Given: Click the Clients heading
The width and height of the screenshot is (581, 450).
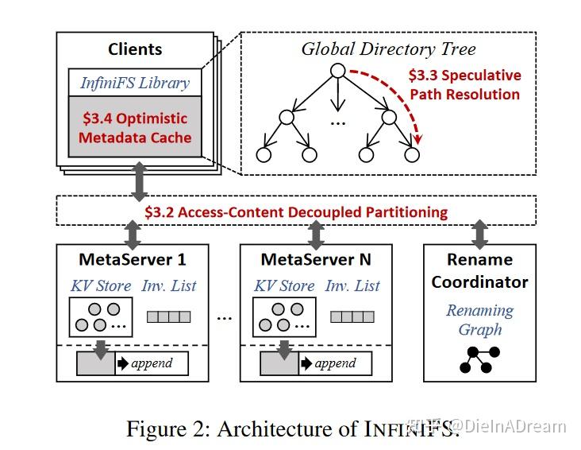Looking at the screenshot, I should pos(135,50).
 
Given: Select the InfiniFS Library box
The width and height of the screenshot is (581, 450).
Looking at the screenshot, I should pos(135,83).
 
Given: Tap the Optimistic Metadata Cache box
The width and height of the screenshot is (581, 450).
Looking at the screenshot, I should pos(136,128).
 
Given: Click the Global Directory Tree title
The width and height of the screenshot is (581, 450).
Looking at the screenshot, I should pos(388,48).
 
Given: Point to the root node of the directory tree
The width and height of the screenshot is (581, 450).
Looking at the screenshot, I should pos(337,72).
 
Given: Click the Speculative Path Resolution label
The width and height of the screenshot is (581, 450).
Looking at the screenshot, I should pos(464,85).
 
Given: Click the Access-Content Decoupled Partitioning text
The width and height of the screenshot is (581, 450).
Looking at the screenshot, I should pos(296,212).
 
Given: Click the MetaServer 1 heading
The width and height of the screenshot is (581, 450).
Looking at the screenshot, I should pos(133,259).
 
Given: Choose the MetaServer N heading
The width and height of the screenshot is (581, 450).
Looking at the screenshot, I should pos(315,259).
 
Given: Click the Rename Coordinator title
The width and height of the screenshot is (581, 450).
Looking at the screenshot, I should pos(479,270).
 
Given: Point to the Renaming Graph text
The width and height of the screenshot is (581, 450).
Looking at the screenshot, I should pos(479,320).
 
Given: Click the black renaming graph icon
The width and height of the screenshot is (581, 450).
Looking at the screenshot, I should pos(479,359).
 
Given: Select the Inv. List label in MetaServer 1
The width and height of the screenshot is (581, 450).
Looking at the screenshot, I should pos(169,285).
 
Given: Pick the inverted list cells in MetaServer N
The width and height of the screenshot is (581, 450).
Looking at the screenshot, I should pos(352,316).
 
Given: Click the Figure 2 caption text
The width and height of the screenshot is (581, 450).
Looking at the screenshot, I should pos(292,429).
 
